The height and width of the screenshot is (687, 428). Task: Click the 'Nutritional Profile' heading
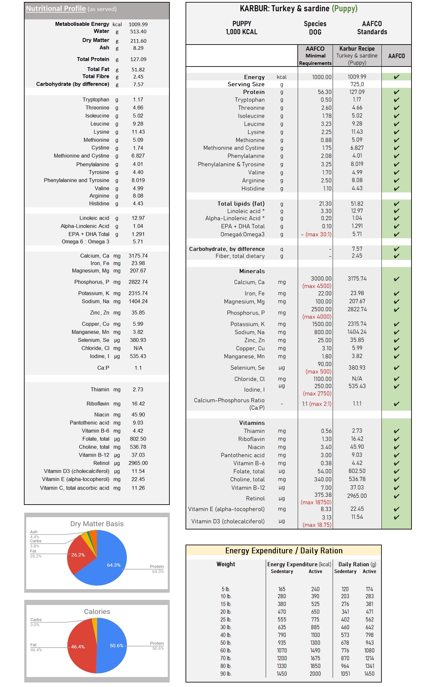click(x=56, y=9)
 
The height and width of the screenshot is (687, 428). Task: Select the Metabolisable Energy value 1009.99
click(x=138, y=25)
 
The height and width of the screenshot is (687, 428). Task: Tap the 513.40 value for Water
click(x=138, y=32)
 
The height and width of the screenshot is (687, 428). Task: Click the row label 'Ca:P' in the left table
click(x=103, y=368)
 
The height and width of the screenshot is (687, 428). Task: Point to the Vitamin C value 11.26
click(x=138, y=488)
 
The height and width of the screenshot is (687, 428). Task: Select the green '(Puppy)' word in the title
click(x=345, y=9)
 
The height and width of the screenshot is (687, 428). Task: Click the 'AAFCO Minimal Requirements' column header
click(x=315, y=56)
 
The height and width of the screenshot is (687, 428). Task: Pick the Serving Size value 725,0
click(x=357, y=84)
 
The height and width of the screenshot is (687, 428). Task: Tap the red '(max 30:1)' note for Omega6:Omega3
click(x=318, y=234)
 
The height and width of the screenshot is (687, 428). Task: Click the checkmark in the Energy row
click(x=396, y=77)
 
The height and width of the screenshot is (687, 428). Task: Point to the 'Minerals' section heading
click(x=252, y=271)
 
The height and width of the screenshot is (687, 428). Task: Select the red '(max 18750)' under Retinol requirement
click(x=316, y=502)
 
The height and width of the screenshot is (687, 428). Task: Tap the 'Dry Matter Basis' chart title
click(x=97, y=524)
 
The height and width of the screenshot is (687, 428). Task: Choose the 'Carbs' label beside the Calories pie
click(x=36, y=620)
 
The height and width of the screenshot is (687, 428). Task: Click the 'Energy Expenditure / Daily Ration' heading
click(x=284, y=551)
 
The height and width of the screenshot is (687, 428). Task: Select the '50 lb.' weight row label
click(x=226, y=643)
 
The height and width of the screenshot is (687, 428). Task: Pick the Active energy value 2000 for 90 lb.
click(x=315, y=674)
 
